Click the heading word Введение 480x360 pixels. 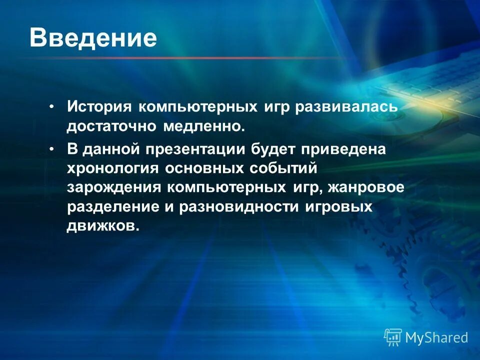point(93,38)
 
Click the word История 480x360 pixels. point(99,107)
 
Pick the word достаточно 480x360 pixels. point(110,127)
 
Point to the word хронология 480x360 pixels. point(111,168)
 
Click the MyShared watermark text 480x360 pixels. point(436,337)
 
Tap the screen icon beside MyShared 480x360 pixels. point(393,337)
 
